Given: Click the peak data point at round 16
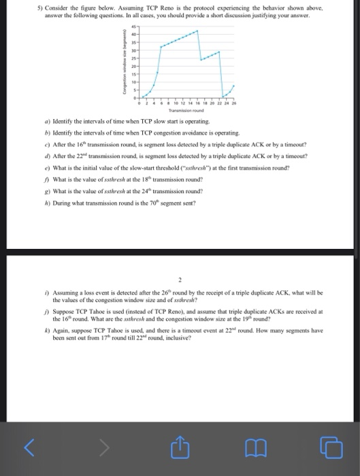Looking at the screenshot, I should (x=198, y=31).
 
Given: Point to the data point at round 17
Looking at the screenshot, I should (x=201, y=60).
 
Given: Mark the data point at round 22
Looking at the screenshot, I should (x=220, y=51).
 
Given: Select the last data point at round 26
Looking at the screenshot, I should (x=233, y=86).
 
